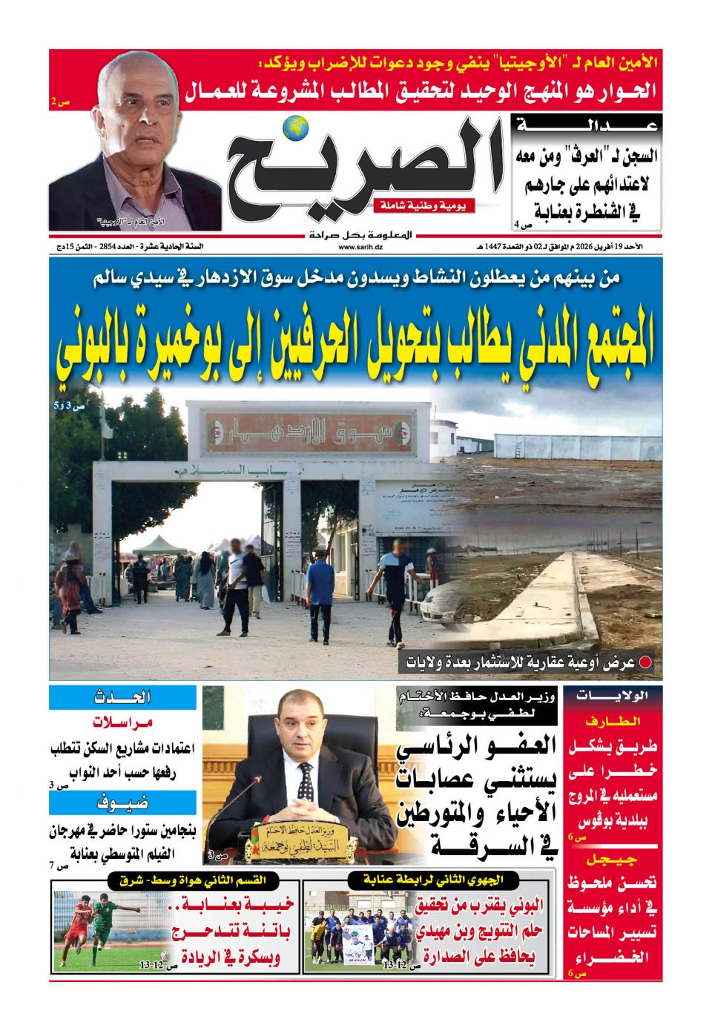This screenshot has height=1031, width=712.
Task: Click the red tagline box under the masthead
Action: [423, 206]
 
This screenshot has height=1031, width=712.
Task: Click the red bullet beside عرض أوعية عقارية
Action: [646, 662]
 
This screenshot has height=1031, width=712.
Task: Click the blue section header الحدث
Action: [122, 697]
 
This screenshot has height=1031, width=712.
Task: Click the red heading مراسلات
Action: [122, 722]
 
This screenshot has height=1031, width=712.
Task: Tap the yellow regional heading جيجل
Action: [612, 860]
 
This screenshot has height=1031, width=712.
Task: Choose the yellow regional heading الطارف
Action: [612, 721]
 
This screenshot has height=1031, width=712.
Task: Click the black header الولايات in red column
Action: [613, 696]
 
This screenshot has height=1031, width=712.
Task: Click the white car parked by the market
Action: [448, 594]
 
